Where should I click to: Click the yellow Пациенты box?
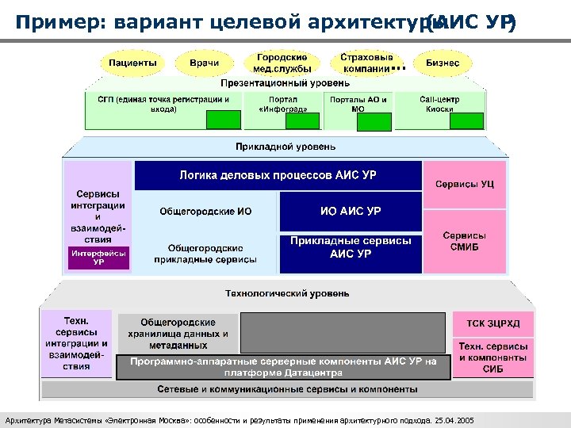pyautogui.click(x=132, y=63)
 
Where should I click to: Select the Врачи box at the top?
pyautogui.click(x=204, y=63)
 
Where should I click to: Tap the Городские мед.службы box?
pyautogui.click(x=282, y=63)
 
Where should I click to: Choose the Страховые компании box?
pyautogui.click(x=366, y=63)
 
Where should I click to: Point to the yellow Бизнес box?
pyautogui.click(x=442, y=63)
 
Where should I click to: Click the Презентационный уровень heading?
pyautogui.click(x=284, y=82)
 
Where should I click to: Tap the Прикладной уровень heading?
pyautogui.click(x=285, y=147)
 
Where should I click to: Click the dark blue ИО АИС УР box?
pyautogui.click(x=350, y=212)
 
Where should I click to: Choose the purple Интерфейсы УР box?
pyautogui.click(x=98, y=258)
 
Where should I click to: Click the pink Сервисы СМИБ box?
pyautogui.click(x=465, y=241)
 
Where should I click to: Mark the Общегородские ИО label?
pyautogui.click(x=205, y=212)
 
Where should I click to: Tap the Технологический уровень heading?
pyautogui.click(x=286, y=293)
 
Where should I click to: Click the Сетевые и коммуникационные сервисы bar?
pyautogui.click(x=287, y=390)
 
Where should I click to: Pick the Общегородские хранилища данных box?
pyautogui.click(x=178, y=334)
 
